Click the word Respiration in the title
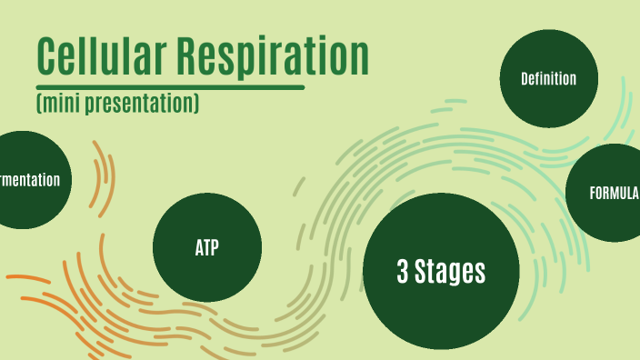(x=273, y=58)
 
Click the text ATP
(x=207, y=247)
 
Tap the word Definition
(x=548, y=79)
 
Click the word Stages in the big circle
(x=451, y=271)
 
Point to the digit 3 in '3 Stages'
(x=403, y=271)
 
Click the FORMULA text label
(x=615, y=193)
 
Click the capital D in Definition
(x=525, y=79)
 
